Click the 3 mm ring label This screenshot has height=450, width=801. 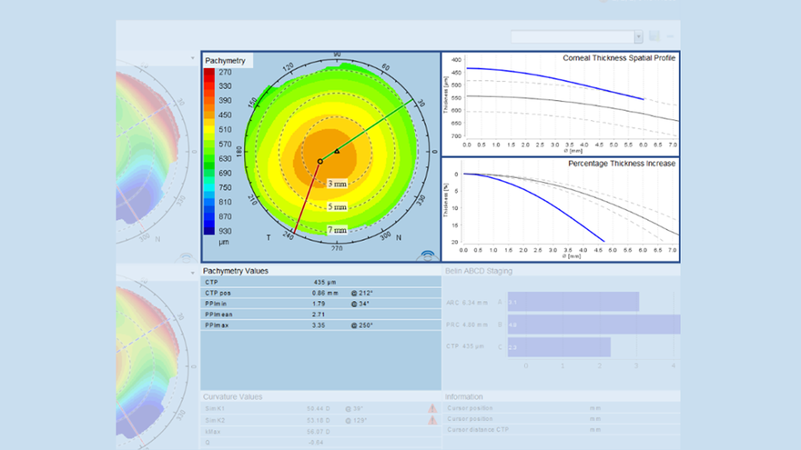pos(338,184)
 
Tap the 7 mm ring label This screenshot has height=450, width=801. pos(338,230)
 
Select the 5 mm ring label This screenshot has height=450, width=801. pos(338,207)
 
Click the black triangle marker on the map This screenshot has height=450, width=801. pos(337,151)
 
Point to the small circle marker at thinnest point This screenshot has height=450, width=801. pos(319,162)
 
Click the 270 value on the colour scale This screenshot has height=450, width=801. pos(224,73)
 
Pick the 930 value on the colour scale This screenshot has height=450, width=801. pos(224,231)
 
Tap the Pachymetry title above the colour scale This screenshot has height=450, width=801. pos(225,60)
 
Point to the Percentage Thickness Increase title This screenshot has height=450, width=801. pos(622,164)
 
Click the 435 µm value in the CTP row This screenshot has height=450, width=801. pos(325,283)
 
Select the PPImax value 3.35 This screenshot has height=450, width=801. pos(319,325)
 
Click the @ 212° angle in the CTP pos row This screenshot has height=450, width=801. pos(361,293)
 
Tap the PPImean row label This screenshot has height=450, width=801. pos(221,314)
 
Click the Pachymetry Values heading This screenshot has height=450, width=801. pos(236,271)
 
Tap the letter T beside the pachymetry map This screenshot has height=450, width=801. pos(268,237)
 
